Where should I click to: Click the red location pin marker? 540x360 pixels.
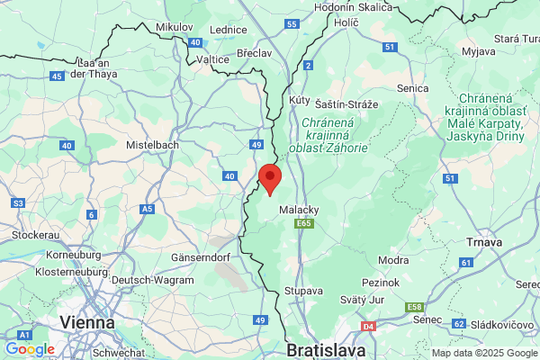(270, 178)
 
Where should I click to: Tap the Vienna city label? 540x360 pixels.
(86, 321)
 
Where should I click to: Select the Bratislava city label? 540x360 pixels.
(325, 348)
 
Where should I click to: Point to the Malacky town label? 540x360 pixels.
(299, 209)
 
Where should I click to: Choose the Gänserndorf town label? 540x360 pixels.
(202, 257)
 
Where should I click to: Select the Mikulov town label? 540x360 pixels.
(175, 28)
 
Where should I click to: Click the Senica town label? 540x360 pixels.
(413, 88)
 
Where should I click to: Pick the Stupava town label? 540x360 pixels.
(302, 292)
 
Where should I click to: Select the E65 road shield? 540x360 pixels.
(306, 223)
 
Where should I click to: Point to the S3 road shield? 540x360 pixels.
(19, 204)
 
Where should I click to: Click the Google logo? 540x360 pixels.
(30, 348)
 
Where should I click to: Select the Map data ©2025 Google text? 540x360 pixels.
(482, 353)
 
